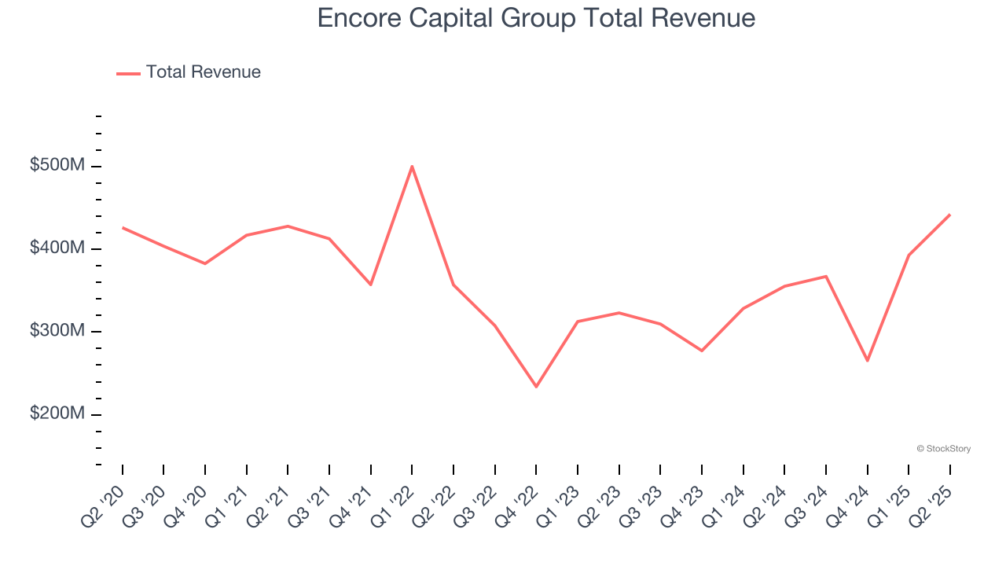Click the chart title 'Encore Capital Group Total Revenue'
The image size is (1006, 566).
click(x=536, y=18)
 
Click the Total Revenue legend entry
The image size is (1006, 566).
click(x=189, y=72)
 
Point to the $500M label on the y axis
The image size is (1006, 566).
click(x=57, y=167)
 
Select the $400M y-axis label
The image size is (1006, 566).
click(x=57, y=249)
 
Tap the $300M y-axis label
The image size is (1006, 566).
click(x=57, y=332)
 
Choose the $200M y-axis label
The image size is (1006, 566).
click(x=57, y=414)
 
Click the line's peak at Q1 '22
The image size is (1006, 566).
click(x=412, y=166)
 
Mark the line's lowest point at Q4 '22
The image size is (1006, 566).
click(x=536, y=387)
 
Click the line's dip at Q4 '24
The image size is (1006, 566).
click(x=868, y=361)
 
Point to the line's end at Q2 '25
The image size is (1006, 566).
click(x=949, y=215)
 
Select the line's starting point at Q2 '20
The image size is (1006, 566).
click(x=123, y=228)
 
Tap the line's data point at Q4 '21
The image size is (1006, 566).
click(x=370, y=285)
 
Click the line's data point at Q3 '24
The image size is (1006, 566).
click(x=826, y=276)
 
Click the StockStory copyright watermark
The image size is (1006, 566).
click(x=943, y=449)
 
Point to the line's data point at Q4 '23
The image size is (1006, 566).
click(x=702, y=351)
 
